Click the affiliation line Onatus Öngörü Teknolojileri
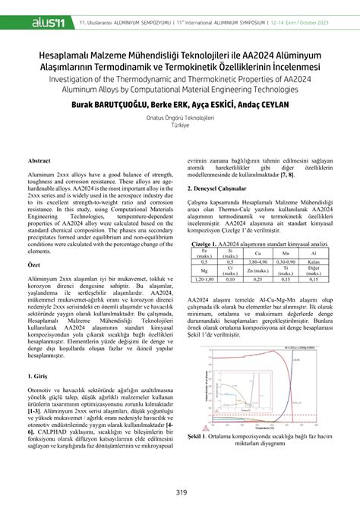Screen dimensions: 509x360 tap(181, 119)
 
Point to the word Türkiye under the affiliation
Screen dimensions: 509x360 tap(181, 127)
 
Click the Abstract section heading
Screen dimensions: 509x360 tap(39, 161)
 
